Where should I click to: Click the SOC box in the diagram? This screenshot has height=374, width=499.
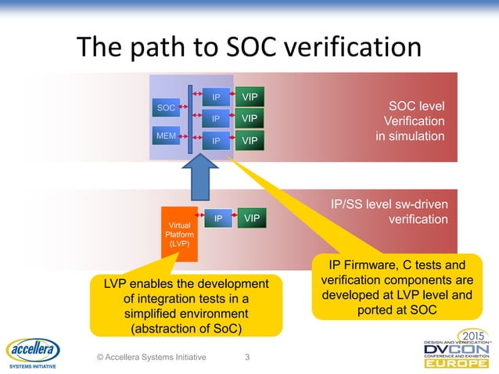pyautogui.click(x=166, y=107)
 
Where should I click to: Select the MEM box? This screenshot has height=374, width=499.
pyautogui.click(x=166, y=135)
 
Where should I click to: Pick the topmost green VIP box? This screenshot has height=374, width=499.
pyautogui.click(x=249, y=96)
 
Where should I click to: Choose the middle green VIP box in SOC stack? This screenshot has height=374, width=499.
pyautogui.click(x=249, y=119)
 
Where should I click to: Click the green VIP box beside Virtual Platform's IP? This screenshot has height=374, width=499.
pyautogui.click(x=250, y=218)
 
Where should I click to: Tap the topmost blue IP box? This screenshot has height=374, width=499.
pyautogui.click(x=216, y=97)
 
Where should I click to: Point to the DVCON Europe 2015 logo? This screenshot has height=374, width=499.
pyautogui.click(x=457, y=351)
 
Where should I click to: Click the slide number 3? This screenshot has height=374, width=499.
pyautogui.click(x=248, y=358)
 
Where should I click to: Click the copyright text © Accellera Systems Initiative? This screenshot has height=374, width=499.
pyautogui.click(x=151, y=358)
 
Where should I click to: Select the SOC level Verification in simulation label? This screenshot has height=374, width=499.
pyautogui.click(x=413, y=121)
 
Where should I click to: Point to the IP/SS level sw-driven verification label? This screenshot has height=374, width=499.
pyautogui.click(x=390, y=212)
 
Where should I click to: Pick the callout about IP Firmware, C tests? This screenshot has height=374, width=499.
pyautogui.click(x=397, y=286)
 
